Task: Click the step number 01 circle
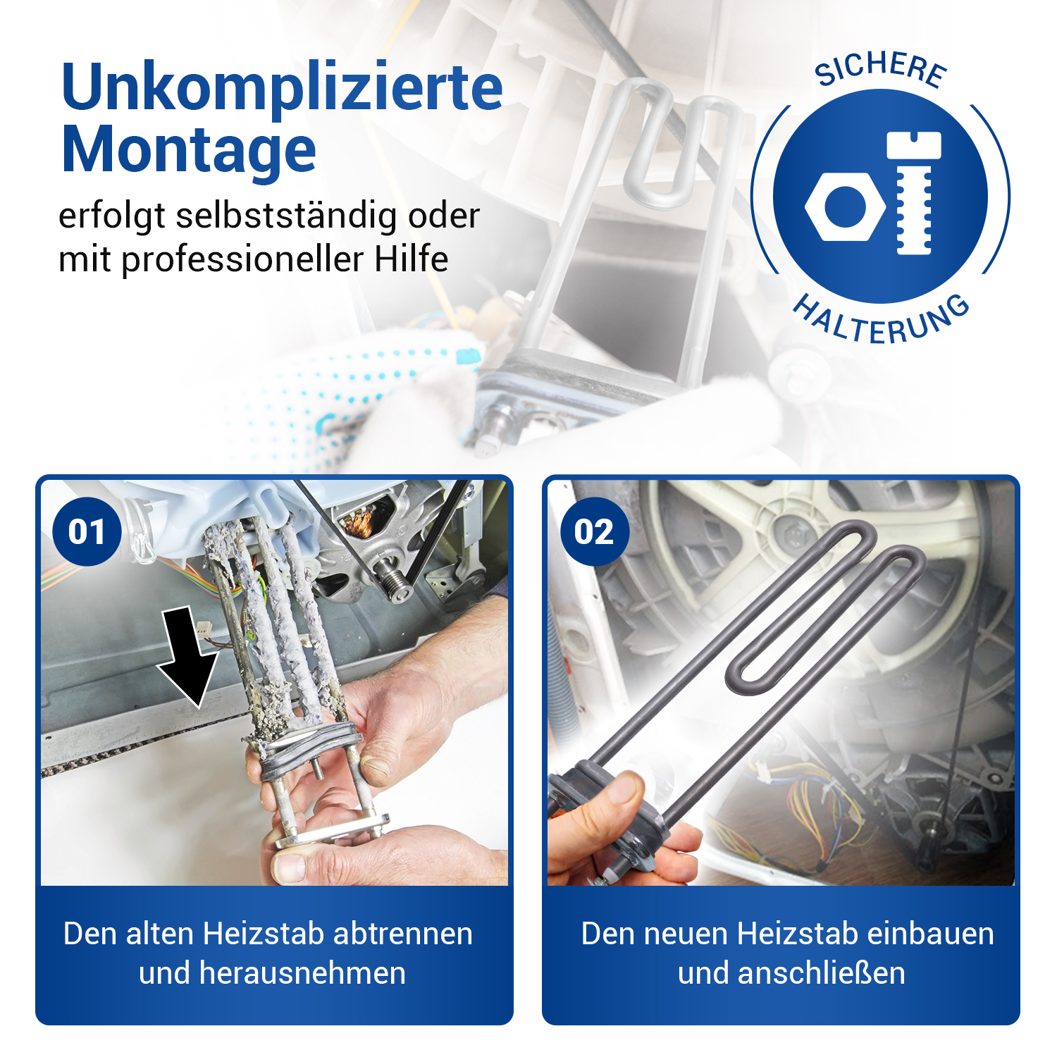point(87,531)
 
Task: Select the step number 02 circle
point(594,531)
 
